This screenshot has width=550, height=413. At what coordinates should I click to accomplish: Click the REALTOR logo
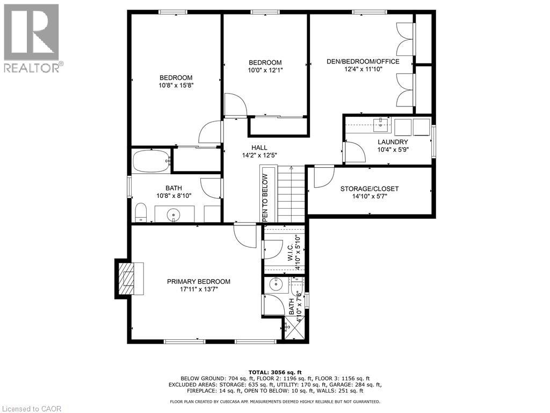tap(32, 38)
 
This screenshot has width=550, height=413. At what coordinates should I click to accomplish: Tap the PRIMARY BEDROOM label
tap(198, 281)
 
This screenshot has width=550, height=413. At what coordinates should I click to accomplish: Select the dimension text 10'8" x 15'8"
tap(176, 85)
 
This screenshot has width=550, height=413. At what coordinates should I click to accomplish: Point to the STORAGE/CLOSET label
tap(369, 189)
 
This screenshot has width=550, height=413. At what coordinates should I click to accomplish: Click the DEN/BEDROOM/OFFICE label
tap(363, 61)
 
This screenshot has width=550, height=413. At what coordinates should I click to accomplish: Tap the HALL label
tap(259, 147)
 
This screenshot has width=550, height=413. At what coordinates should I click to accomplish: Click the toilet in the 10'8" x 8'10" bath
tap(140, 213)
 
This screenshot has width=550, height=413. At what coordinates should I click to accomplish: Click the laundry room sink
tap(380, 125)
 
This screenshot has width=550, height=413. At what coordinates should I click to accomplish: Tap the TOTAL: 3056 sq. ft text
tap(275, 372)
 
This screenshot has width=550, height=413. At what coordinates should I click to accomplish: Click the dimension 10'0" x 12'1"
tap(265, 70)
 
